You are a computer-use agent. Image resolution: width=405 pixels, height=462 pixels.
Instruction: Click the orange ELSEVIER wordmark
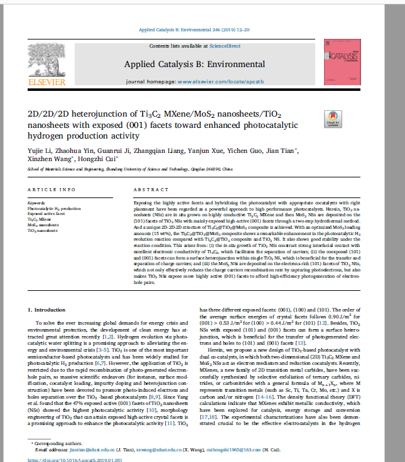[x=45, y=81]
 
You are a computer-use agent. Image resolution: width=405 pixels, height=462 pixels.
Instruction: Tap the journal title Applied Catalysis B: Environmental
[x=194, y=64]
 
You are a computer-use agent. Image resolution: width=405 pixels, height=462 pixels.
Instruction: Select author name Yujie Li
[x=41, y=150]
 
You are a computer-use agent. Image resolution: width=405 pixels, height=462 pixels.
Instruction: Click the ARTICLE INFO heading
[x=52, y=189]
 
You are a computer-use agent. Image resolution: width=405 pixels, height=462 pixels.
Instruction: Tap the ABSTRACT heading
[x=151, y=189]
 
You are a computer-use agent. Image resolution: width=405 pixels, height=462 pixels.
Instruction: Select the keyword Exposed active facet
[x=46, y=214]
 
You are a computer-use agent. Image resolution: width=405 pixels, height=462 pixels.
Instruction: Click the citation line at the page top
[x=203, y=29]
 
